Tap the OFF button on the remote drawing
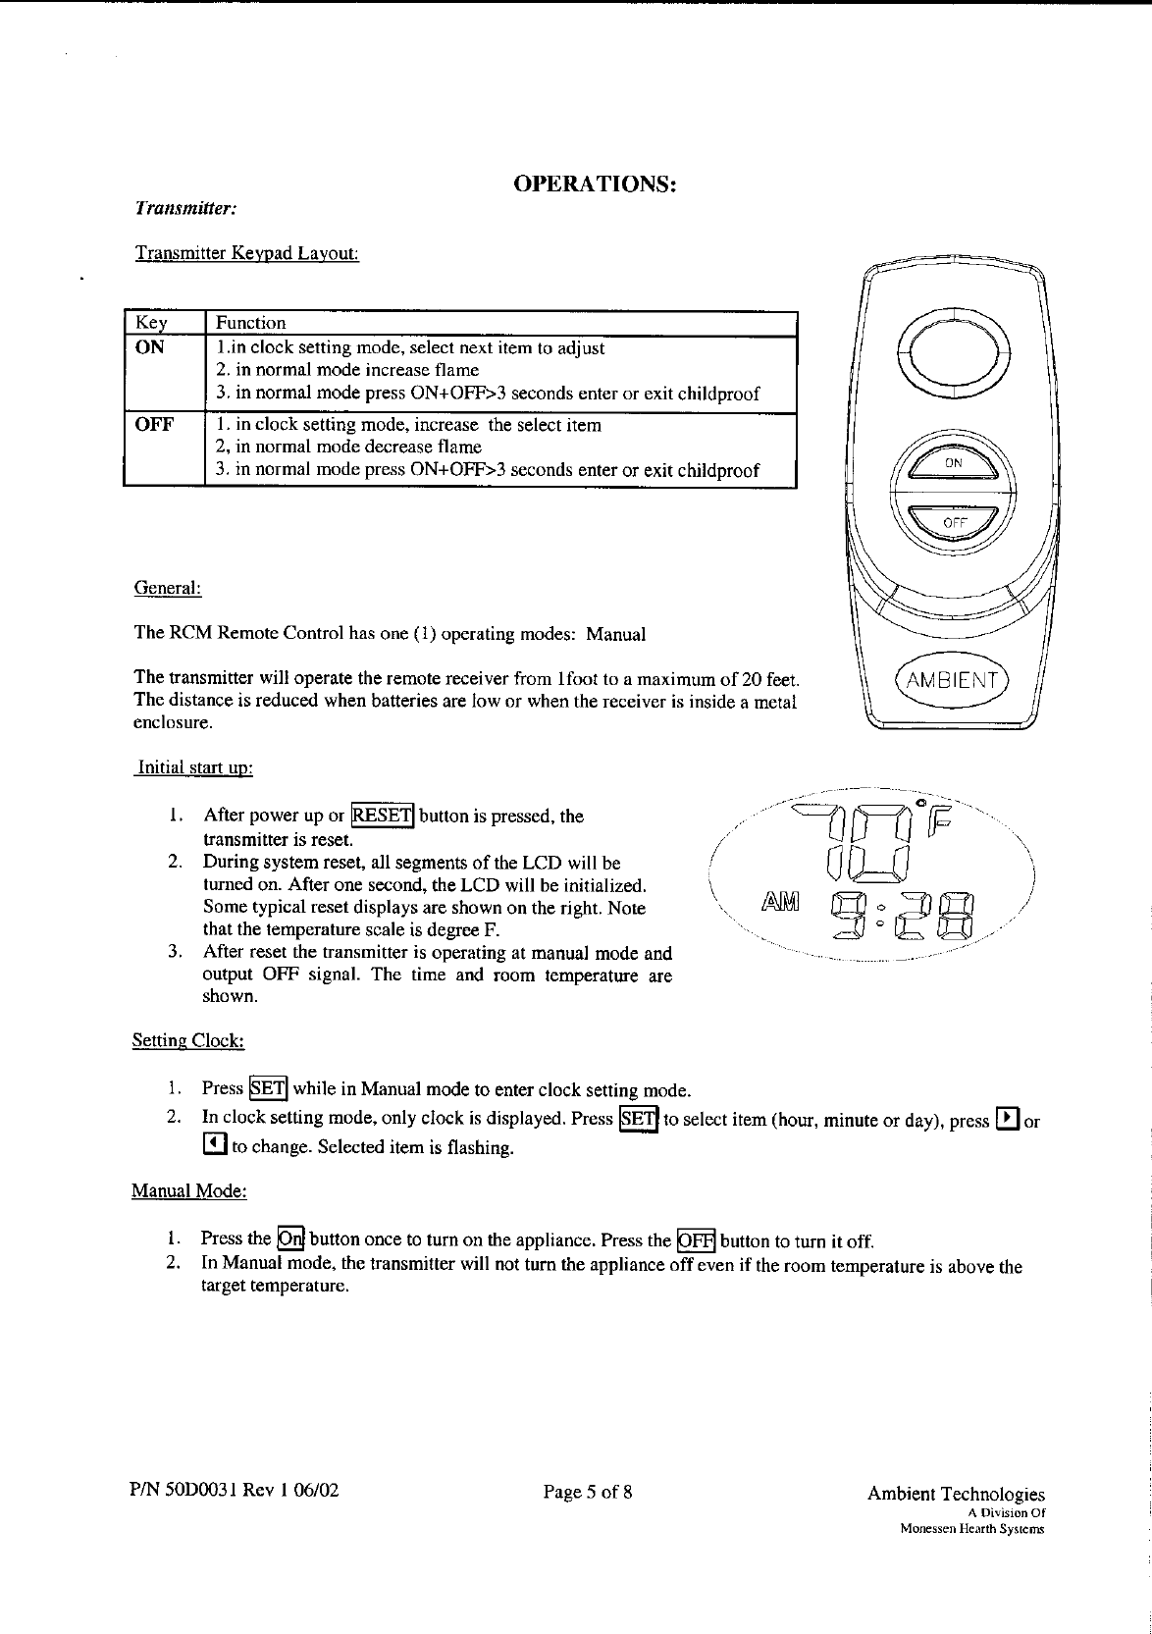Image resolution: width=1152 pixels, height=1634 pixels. click(951, 522)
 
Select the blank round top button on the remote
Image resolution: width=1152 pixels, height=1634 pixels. click(952, 350)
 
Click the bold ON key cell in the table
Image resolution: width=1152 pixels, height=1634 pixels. click(150, 347)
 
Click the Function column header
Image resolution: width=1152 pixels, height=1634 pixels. click(251, 323)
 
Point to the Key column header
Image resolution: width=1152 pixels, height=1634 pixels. click(151, 323)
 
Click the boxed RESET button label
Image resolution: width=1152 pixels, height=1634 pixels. click(383, 816)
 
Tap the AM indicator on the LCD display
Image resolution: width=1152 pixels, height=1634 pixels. click(780, 901)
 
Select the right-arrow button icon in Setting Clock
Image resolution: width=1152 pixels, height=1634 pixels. click(1007, 1119)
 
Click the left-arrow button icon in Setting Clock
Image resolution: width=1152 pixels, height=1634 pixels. click(214, 1144)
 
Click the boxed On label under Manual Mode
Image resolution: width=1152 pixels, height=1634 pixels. click(290, 1238)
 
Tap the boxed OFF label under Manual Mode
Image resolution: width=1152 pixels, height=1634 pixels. click(696, 1239)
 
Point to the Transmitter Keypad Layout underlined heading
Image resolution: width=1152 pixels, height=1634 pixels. click(246, 254)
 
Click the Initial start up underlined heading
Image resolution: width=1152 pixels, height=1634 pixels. click(194, 766)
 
